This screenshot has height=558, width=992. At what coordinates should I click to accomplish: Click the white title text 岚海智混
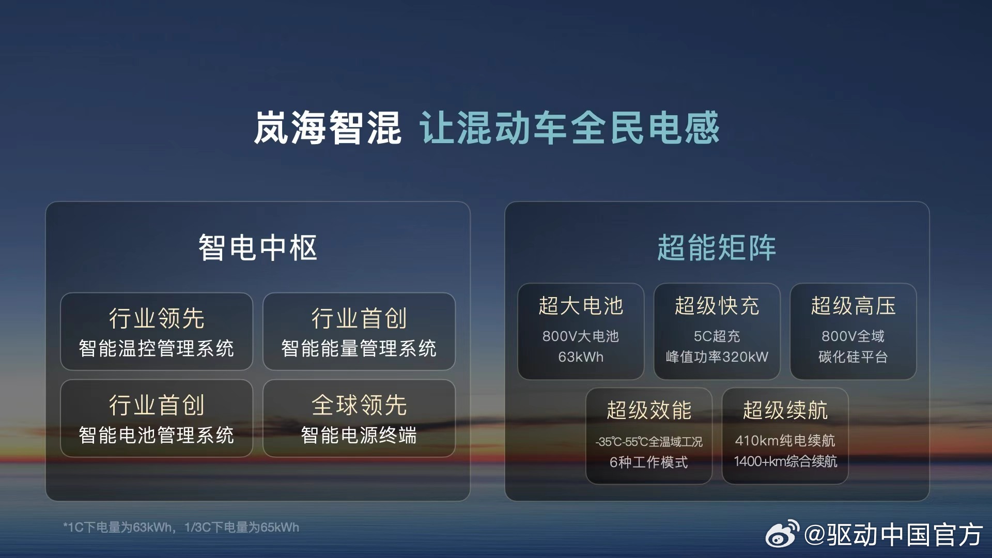coord(327,128)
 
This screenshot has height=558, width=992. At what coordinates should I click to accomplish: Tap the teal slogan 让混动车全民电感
coord(569,128)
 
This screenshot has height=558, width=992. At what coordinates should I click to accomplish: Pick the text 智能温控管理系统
coord(156,348)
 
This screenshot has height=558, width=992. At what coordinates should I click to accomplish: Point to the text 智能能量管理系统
coord(359,348)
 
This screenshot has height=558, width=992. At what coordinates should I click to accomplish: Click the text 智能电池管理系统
coord(156,435)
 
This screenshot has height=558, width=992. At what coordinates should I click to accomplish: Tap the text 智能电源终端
coord(359,435)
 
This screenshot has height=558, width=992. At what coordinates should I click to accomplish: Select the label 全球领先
coord(359,405)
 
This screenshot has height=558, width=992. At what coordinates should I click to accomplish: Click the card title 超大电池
coord(581,305)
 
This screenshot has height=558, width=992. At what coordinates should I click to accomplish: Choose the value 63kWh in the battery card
coord(581,357)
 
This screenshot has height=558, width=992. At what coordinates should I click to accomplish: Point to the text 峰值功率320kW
coord(717,357)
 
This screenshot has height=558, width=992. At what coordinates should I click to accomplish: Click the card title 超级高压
coord(853,305)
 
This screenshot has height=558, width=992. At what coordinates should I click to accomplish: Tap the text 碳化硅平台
coord(853,357)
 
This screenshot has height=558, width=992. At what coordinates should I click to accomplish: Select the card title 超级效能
coord(649,410)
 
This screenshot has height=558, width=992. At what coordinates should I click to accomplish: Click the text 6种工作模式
coord(649,462)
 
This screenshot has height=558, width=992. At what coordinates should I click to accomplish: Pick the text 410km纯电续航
coord(785,440)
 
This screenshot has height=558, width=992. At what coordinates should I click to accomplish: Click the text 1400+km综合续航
coord(785,461)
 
